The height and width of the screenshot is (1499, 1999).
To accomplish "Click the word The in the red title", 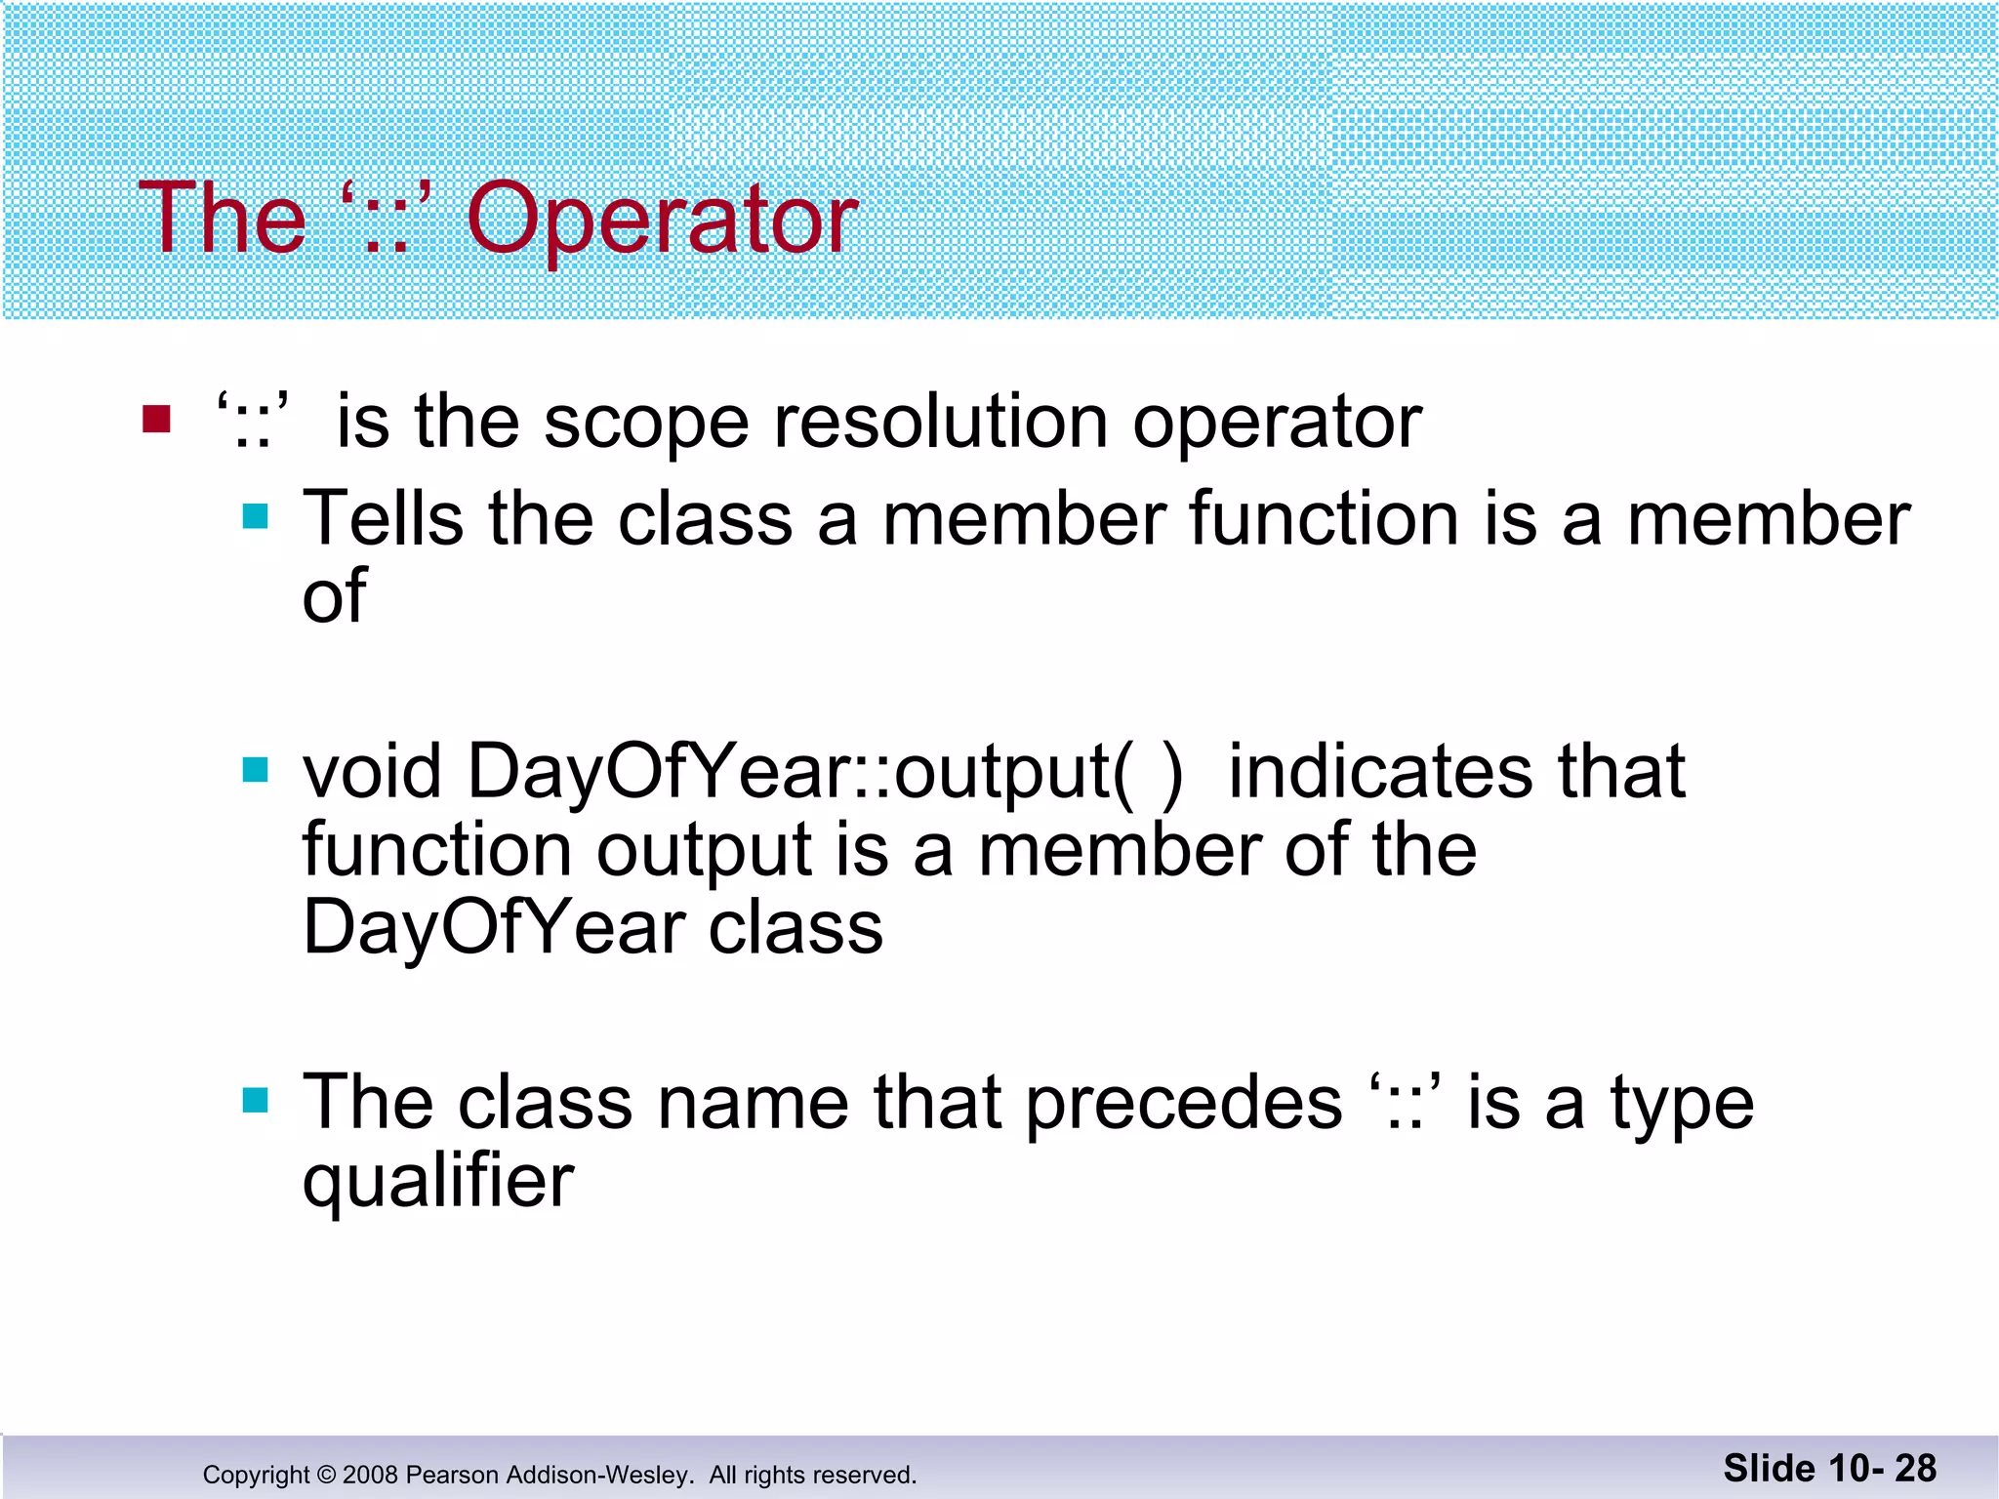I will tap(223, 220).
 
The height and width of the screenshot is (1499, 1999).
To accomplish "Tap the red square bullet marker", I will tap(156, 419).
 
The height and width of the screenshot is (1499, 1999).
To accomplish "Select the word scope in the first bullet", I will tap(646, 424).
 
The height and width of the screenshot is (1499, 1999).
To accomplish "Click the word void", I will tap(372, 771).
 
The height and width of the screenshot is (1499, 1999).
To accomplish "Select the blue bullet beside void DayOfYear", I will tap(255, 770).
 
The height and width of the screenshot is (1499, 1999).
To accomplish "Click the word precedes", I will tap(1184, 1103).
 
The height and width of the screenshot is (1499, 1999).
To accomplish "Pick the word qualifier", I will tap(438, 1182).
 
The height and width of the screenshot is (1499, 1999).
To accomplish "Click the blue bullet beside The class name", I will tap(255, 1101).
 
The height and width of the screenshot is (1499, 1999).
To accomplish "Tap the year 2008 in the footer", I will tap(370, 1475).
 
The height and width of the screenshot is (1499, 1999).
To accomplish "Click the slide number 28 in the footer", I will tap(1915, 1469).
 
